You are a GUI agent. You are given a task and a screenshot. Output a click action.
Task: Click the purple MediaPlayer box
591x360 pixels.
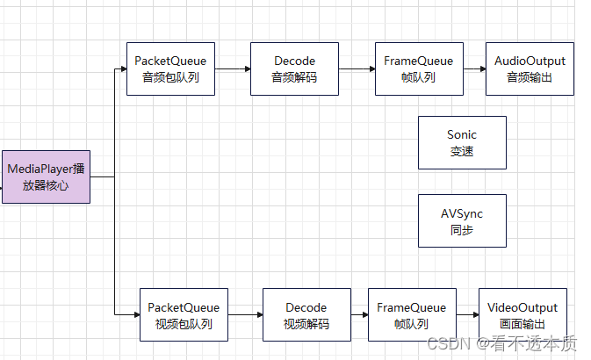[46, 176]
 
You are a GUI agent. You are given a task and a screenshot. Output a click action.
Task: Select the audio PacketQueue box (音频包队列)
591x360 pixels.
[170, 69]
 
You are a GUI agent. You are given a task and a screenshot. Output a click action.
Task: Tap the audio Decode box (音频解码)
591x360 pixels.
[294, 69]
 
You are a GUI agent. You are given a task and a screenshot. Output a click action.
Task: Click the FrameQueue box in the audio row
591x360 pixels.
[418, 69]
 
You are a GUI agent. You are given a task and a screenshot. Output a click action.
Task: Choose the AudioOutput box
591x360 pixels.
[530, 69]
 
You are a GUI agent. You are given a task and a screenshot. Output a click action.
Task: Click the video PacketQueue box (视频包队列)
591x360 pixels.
[184, 315]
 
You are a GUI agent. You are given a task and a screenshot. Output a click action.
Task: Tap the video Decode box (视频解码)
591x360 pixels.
[306, 315]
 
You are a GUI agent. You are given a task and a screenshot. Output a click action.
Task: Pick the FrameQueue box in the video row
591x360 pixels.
[411, 315]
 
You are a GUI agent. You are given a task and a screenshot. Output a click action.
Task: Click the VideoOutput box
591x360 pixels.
[523, 315]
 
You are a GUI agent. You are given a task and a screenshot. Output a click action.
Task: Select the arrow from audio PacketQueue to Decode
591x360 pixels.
[232, 69]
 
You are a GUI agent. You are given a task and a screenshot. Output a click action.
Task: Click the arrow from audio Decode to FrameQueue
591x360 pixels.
[357, 69]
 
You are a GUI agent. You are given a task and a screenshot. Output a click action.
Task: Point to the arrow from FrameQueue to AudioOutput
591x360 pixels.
[473, 69]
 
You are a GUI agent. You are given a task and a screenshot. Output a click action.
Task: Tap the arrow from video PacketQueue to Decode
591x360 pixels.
[245, 315]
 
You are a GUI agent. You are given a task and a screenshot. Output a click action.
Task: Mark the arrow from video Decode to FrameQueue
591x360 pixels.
[359, 315]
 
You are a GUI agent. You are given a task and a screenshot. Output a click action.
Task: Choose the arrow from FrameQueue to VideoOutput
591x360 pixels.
[466, 315]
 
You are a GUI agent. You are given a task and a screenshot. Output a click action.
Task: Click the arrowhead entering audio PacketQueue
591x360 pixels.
[122, 69]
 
